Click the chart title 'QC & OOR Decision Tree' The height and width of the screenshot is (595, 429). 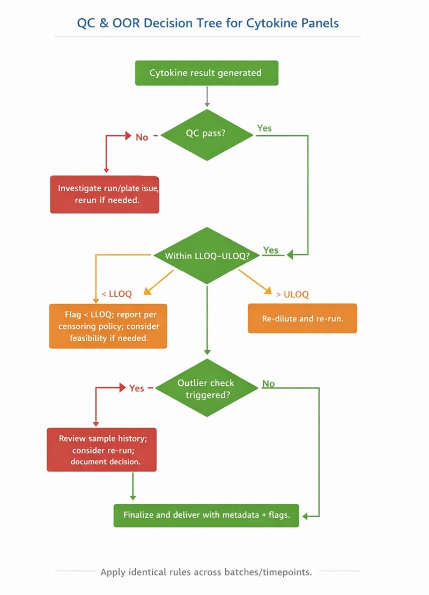click(x=208, y=23)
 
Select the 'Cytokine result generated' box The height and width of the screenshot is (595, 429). click(x=206, y=73)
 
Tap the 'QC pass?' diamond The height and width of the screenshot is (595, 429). click(x=206, y=134)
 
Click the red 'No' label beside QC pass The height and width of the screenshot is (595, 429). click(x=142, y=137)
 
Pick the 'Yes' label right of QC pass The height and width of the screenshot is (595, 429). click(x=264, y=128)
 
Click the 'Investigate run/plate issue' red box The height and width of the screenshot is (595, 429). click(x=105, y=194)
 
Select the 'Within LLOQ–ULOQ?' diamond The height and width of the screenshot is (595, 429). click(x=207, y=256)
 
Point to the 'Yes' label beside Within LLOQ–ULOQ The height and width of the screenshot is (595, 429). click(x=271, y=251)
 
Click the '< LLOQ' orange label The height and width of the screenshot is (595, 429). click(x=116, y=294)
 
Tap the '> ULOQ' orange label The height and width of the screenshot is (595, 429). click(x=292, y=294)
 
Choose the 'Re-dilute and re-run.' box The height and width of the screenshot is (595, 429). click(x=302, y=319)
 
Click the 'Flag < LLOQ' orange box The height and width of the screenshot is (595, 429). click(x=108, y=326)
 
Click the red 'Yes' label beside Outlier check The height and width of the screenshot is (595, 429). click(x=137, y=388)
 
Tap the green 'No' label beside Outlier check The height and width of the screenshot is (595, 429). click(x=268, y=384)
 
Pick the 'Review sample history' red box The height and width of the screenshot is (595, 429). click(x=101, y=450)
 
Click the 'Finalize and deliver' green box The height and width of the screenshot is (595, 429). click(x=206, y=515)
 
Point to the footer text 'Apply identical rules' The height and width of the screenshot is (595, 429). click(x=206, y=572)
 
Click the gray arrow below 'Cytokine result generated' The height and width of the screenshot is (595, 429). click(x=207, y=97)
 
